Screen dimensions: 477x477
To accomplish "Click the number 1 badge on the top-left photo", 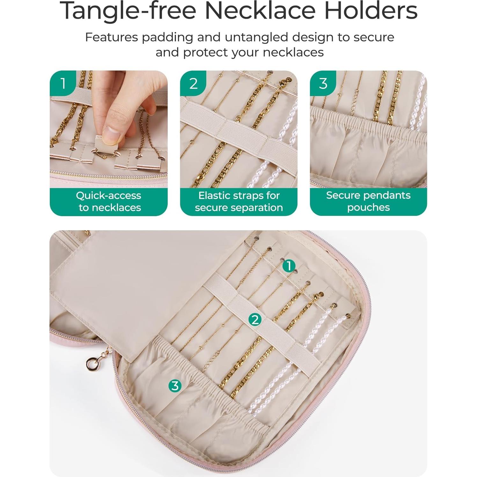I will [63, 84].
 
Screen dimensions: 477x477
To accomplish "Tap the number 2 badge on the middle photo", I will [193, 84].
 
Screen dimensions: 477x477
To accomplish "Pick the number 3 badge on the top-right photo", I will [323, 84].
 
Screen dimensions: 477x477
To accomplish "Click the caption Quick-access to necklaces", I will [109, 202].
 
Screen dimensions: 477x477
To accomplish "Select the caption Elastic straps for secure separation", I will [239, 202].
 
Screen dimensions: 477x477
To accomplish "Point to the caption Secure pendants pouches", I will [368, 201].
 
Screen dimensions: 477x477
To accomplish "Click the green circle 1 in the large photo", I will [289, 266].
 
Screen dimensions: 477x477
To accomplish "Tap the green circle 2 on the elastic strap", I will [255, 319].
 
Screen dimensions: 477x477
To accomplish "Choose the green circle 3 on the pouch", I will [175, 386].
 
